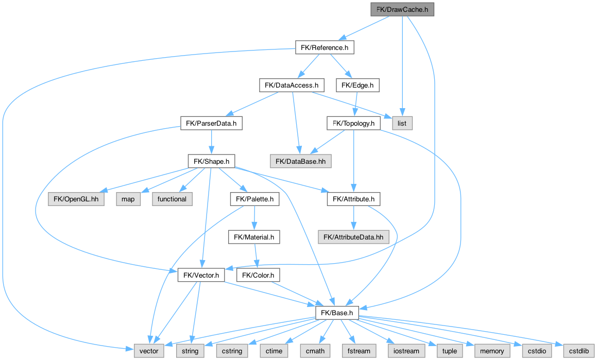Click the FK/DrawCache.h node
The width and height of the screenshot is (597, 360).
[x=402, y=9]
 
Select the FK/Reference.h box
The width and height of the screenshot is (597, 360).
[x=325, y=48]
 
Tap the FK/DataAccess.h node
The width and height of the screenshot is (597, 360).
[x=291, y=85]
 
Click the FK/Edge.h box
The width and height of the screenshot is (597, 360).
[x=357, y=85]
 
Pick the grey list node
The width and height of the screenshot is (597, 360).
[x=402, y=123]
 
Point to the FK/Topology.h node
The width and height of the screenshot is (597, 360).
[x=353, y=123]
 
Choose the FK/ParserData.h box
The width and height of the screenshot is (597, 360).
[x=211, y=123]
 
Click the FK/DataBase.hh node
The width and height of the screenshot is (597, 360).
[x=300, y=161]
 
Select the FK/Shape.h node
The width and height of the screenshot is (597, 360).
[x=211, y=161]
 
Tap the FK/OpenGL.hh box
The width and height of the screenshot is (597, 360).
[x=76, y=199]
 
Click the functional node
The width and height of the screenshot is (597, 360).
[x=172, y=199]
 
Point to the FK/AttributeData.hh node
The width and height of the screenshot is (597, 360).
[x=353, y=237]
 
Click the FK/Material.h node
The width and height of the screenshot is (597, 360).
[x=254, y=237]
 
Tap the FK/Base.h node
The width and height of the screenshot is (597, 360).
[x=337, y=313]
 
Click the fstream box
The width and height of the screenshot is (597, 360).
[x=359, y=351]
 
